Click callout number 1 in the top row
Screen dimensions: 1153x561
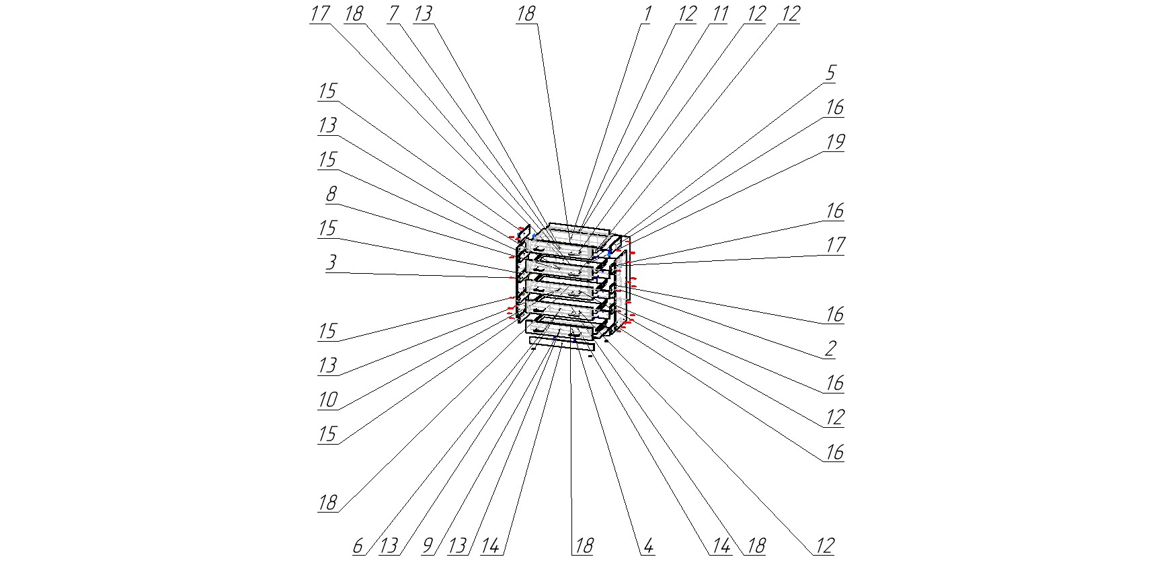coord(646,14)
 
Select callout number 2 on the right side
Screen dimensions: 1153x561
coord(831,348)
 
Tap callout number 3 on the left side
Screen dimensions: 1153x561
coord(331,262)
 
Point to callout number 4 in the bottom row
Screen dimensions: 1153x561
coord(648,546)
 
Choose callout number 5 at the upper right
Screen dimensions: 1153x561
coord(831,73)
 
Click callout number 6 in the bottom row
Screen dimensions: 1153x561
coord(358,546)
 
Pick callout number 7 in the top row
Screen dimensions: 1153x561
coord(394,14)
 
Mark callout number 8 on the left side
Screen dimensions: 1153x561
coord(331,194)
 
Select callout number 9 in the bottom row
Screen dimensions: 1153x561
coord(428,546)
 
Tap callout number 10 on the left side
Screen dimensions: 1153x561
coord(327,400)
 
